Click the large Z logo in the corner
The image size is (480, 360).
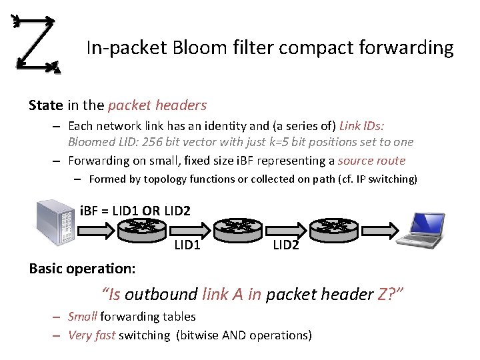[x=37, y=43]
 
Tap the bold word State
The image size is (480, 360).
[x=46, y=105]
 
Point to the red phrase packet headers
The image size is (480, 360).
[x=157, y=105]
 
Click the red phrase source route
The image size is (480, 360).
[x=371, y=161]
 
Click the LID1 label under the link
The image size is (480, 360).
[x=187, y=245]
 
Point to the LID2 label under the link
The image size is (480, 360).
[x=286, y=245]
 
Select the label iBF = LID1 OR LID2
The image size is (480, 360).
[x=135, y=211]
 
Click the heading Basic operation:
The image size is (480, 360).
[x=83, y=268]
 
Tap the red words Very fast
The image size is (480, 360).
[x=92, y=335]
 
